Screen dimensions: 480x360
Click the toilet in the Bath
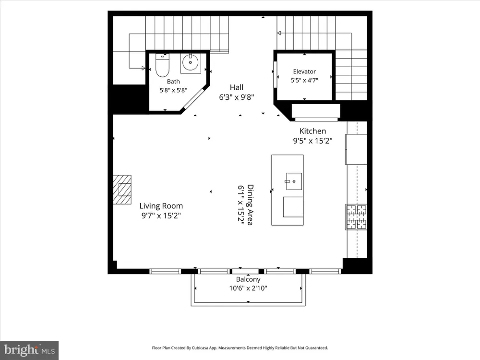162,65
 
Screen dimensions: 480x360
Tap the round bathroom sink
191,62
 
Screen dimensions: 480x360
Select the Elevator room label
304,72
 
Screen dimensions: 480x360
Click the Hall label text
237,87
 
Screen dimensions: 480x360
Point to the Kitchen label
312,131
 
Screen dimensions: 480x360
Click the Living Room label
161,206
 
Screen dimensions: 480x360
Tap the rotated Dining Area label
250,205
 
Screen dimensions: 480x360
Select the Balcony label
248,279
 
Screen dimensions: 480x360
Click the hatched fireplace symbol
122,190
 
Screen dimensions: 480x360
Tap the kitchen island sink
294,181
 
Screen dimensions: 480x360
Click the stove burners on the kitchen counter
356,217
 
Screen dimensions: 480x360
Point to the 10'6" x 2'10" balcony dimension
248,288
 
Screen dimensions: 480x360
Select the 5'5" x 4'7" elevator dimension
304,81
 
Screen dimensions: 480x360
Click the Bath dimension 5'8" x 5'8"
173,90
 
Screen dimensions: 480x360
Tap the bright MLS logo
29,350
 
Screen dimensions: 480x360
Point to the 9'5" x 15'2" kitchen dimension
312,141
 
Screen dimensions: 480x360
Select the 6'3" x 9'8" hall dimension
237,97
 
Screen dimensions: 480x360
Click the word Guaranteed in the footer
318,348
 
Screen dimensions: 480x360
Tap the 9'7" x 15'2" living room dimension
161,216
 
